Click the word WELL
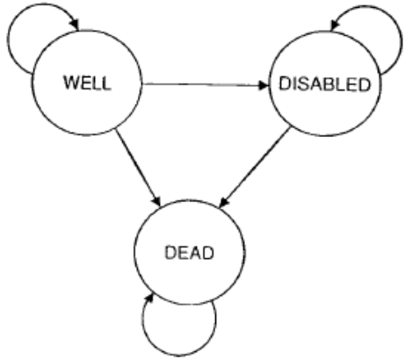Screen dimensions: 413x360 (87, 83)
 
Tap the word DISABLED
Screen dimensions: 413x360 (325, 84)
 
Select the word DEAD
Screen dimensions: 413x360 (189, 253)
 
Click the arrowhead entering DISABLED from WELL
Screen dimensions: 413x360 (264, 85)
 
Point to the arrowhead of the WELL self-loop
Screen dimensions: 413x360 (76, 25)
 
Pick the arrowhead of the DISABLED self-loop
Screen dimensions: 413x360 (334, 25)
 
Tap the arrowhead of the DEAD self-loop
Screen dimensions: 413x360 (149, 299)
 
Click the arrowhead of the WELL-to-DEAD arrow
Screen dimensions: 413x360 (156, 201)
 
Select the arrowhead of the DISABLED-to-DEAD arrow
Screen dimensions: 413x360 (224, 203)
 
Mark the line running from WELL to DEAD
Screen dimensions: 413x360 (138, 168)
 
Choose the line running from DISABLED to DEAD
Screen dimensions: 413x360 (255, 167)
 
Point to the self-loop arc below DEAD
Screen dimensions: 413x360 (179, 356)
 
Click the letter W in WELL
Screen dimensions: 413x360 (71, 83)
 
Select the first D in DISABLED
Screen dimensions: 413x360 (285, 84)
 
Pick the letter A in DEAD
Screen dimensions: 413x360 (196, 253)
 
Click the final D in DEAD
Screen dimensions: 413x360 (208, 253)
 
